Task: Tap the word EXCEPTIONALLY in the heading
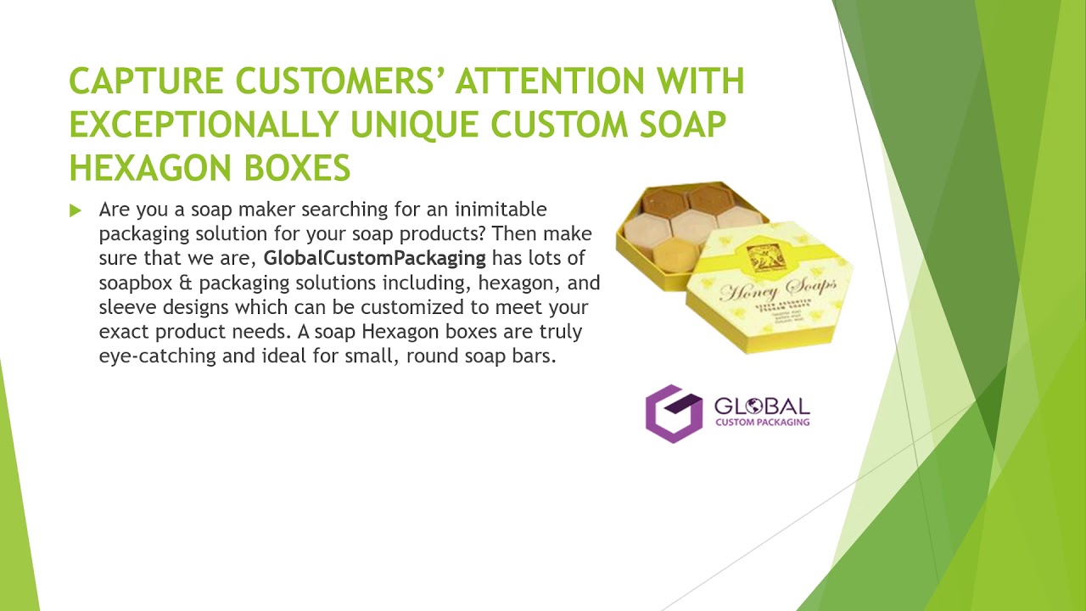(204, 125)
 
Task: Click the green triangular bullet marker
(76, 210)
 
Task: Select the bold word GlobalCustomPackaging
(374, 258)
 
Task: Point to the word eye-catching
(158, 356)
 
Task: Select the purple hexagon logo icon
(674, 413)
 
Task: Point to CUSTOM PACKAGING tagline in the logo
(762, 422)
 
